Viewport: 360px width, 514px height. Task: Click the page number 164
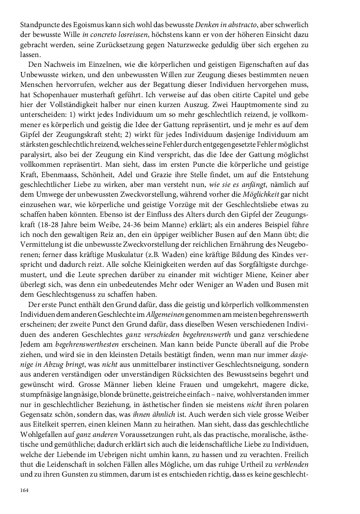(x=24, y=490)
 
